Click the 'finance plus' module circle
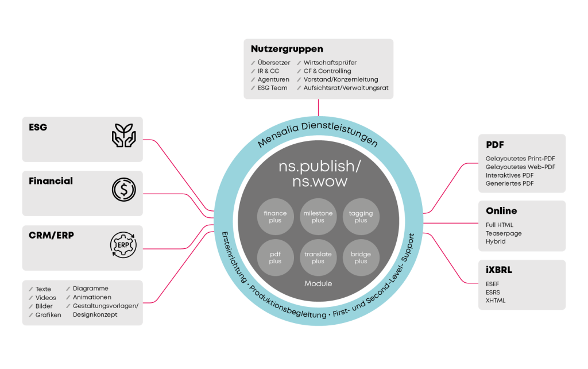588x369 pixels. click(x=275, y=217)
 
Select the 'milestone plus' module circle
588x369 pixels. click(x=318, y=217)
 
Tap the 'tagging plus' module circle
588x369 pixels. click(x=361, y=217)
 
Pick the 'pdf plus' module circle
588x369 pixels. click(x=275, y=257)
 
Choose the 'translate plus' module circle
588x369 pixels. click(x=318, y=257)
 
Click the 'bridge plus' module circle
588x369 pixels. click(x=361, y=257)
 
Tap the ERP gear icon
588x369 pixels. click(x=123, y=244)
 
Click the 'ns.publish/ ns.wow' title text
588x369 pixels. click(x=318, y=173)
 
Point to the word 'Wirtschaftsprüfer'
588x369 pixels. click(x=330, y=63)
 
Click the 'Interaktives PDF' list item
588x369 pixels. click(x=509, y=175)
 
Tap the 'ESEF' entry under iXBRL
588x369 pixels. click(x=493, y=283)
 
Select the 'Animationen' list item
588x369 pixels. click(x=92, y=297)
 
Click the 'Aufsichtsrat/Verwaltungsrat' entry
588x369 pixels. click(x=346, y=88)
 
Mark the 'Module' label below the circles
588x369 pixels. click(x=318, y=284)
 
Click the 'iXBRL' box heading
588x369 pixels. click(x=498, y=270)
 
